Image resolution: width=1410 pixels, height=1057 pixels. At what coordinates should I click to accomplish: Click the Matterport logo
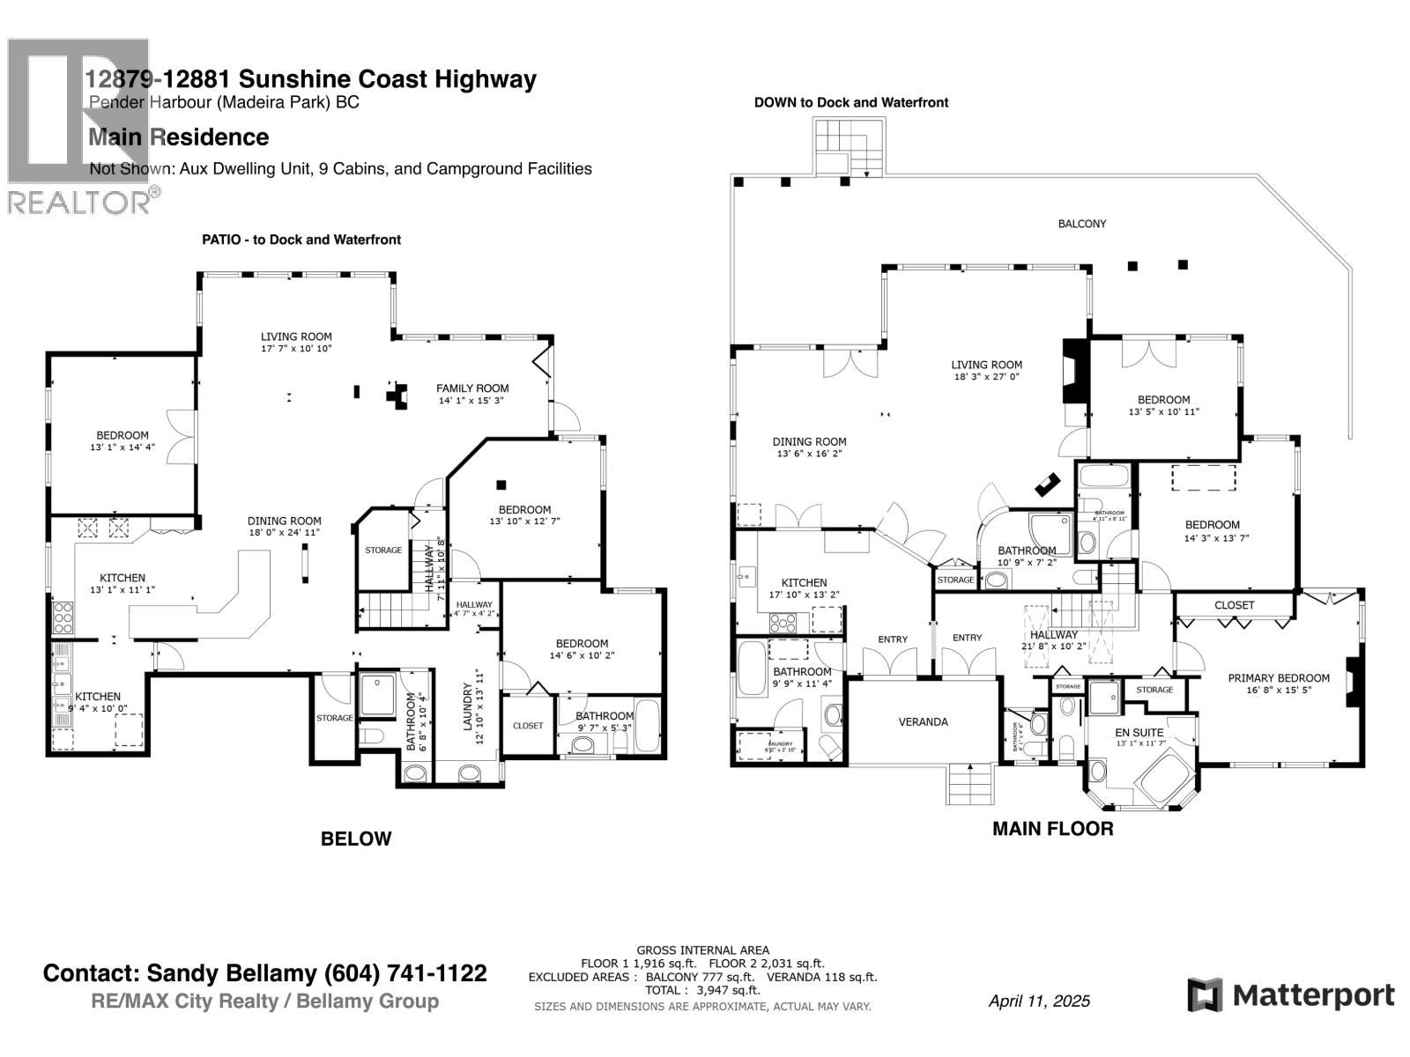(1291, 995)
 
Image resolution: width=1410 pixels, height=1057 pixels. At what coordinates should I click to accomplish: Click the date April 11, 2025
(1039, 1001)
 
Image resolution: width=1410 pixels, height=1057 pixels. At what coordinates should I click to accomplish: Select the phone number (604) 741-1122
(405, 973)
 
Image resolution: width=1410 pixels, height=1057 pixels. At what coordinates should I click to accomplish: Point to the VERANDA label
(923, 722)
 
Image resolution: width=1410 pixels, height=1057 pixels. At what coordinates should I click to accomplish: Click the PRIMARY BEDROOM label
(1279, 677)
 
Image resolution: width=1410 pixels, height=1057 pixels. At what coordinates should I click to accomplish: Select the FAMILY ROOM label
(472, 388)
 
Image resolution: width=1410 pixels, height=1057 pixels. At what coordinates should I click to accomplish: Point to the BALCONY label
(1081, 224)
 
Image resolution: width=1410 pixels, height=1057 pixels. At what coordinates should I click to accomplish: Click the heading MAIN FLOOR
(1052, 829)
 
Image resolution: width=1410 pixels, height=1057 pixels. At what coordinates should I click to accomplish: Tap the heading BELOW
(356, 839)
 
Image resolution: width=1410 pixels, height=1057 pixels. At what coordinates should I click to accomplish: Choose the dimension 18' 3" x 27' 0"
(986, 376)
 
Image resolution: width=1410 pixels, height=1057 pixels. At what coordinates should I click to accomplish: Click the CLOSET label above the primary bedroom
(1234, 605)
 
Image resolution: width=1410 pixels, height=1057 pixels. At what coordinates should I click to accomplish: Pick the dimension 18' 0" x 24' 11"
(284, 532)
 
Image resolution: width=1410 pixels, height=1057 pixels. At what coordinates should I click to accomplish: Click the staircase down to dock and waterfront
(847, 146)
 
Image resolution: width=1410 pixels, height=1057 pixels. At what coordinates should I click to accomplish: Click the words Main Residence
(179, 137)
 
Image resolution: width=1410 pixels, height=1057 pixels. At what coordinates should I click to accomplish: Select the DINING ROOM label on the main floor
(809, 442)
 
